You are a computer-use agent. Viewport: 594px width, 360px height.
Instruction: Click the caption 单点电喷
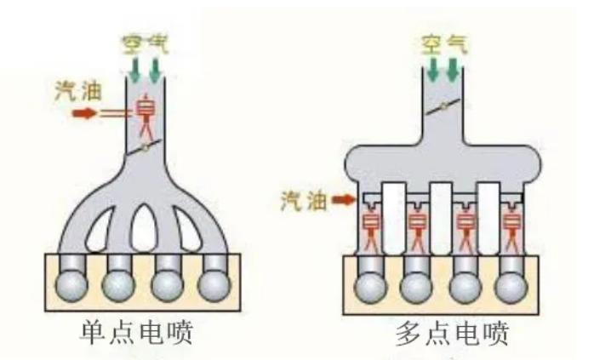136,333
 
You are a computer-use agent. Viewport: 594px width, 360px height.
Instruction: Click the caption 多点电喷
452,334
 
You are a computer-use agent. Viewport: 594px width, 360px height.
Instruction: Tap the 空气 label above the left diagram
145,44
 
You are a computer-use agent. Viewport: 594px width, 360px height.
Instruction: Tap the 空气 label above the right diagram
444,44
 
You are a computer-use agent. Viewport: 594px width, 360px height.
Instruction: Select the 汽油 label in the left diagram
78,91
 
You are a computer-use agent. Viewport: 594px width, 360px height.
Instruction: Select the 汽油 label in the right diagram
304,201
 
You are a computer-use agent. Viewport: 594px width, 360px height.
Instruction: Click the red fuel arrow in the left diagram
84,113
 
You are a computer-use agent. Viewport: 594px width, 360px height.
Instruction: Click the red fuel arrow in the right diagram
344,200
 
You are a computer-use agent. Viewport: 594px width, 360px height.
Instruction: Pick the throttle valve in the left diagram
145,147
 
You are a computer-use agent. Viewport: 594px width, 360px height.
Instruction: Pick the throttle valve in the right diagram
443,107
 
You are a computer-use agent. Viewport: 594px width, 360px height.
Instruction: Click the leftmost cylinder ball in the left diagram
71,285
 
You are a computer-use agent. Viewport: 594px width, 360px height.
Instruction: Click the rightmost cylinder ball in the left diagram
214,285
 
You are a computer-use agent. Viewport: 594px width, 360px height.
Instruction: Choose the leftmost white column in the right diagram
394,218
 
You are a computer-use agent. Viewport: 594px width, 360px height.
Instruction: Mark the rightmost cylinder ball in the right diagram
511,288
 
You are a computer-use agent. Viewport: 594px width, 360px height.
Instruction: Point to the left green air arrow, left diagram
134,70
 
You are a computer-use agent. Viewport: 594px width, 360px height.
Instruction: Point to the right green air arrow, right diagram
453,69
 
